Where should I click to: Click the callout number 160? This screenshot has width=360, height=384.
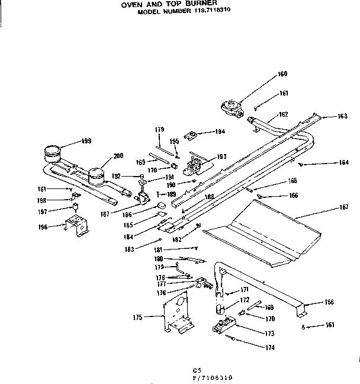282,74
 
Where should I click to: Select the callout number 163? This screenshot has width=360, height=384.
342,116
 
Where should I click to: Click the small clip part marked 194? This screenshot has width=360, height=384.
191,135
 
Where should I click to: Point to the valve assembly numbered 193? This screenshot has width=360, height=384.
194,162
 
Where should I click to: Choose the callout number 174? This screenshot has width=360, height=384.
270,347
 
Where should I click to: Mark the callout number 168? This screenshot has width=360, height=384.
329,302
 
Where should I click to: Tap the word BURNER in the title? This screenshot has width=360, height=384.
188,4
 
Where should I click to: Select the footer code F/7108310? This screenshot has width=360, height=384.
206,377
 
